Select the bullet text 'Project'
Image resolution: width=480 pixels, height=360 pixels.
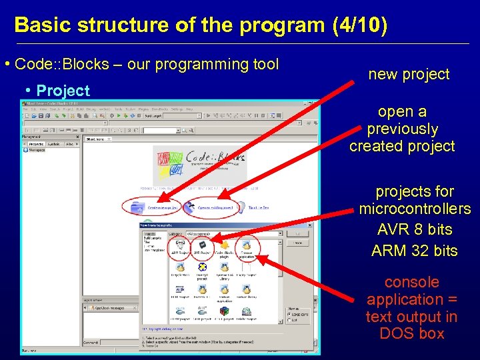click(x=63, y=91)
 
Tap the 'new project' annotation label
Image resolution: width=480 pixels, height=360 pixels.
click(x=409, y=74)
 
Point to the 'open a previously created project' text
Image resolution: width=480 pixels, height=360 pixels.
click(x=402, y=129)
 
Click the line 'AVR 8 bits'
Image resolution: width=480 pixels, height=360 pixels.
click(x=414, y=229)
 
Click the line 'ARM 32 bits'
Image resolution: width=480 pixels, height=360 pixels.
click(x=414, y=251)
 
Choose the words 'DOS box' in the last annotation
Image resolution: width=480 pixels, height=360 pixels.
click(x=411, y=334)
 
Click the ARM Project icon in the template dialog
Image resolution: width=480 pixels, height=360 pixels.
click(x=179, y=247)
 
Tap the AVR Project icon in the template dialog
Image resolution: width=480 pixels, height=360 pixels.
click(x=202, y=247)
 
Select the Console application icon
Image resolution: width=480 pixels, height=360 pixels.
click(x=247, y=247)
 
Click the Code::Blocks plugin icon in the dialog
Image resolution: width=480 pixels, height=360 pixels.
click(x=225, y=247)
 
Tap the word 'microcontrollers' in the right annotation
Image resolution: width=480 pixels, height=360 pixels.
click(x=414, y=209)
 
